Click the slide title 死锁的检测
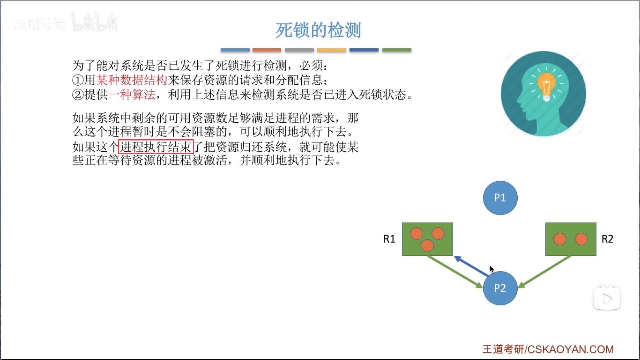(x=318, y=30)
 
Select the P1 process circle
(x=500, y=198)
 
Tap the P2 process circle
(x=500, y=288)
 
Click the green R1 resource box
(x=427, y=239)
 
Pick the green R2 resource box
(x=571, y=239)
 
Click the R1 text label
(x=389, y=239)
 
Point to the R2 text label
(x=607, y=239)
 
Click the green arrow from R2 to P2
(x=545, y=272)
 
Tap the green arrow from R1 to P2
(x=455, y=272)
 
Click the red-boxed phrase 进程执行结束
(x=156, y=147)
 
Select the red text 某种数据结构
(x=132, y=80)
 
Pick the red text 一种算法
(x=132, y=95)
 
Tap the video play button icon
(x=607, y=298)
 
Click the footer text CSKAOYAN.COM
(x=571, y=349)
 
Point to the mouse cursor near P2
(x=492, y=269)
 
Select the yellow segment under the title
(x=332, y=50)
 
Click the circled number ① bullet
(x=78, y=80)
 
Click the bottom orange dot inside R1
(x=427, y=246)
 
